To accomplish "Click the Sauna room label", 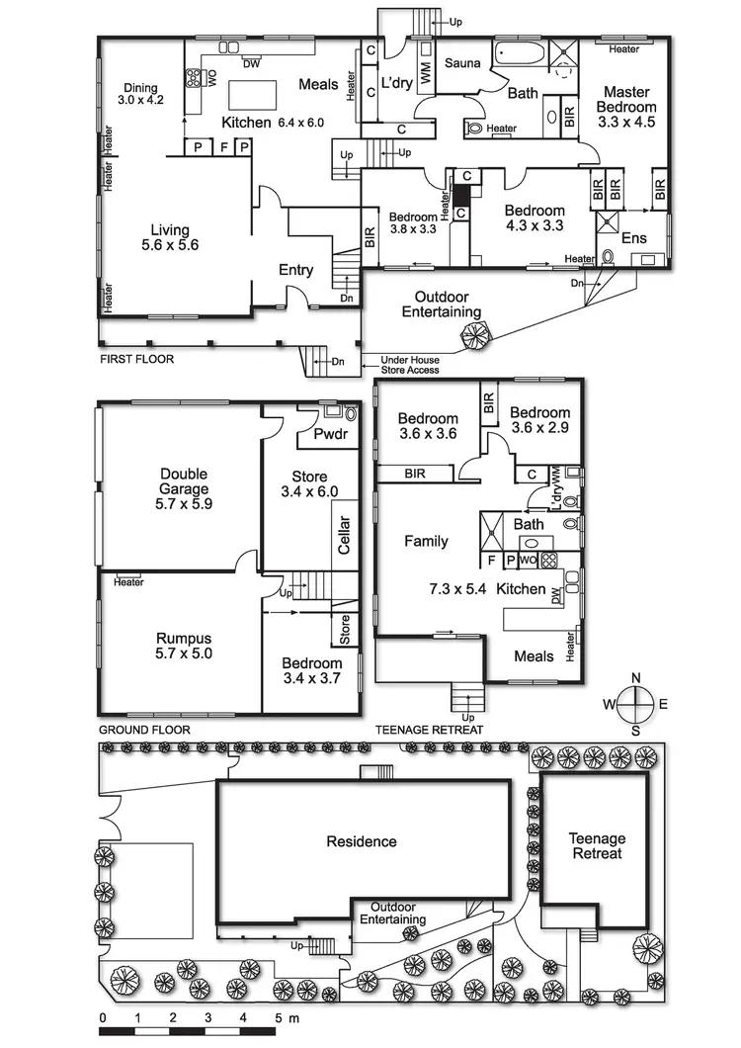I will point(461,63).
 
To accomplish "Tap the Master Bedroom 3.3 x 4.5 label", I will point(626,107).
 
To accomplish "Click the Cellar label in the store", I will point(345,536).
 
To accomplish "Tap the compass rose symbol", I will point(636,704).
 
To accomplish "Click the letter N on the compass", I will point(636,677).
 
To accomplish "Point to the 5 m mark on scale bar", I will point(280,1016).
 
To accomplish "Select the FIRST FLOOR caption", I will point(136,359).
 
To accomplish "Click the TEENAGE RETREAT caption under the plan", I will point(429,730).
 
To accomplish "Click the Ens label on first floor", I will point(633,238).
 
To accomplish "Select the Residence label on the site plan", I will point(362,841).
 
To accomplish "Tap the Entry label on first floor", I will point(295,270).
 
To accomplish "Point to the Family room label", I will point(426,541).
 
